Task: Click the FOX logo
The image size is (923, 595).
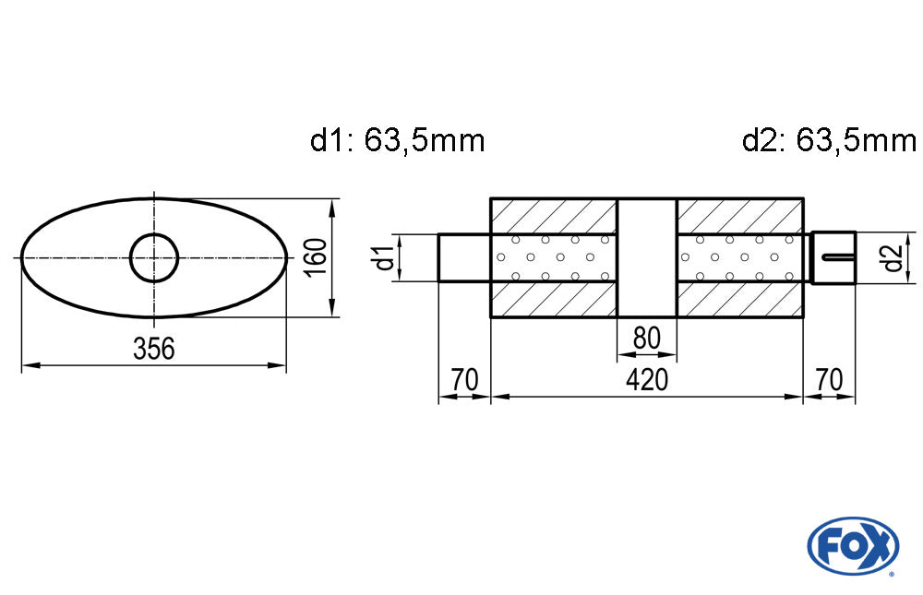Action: [x=852, y=544]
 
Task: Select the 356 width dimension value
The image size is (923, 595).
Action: [x=153, y=350]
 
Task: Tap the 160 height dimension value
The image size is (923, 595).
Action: [x=316, y=257]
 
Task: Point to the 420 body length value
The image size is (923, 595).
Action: [x=646, y=380]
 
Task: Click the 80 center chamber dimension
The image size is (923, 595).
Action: [x=647, y=339]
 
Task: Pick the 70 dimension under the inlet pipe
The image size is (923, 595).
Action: [x=464, y=380]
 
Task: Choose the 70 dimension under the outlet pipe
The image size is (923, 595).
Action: [x=829, y=380]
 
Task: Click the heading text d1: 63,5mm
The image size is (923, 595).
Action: [x=397, y=141]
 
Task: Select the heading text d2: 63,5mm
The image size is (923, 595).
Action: [x=828, y=141]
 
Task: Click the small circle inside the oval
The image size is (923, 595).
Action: [x=153, y=257]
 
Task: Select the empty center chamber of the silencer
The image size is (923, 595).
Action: [x=646, y=257]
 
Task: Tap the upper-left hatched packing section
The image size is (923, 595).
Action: [x=553, y=215]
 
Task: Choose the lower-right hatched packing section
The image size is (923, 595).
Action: [x=739, y=300]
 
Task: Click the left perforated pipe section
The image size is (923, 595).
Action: [x=553, y=257]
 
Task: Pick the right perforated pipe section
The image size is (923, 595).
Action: [x=739, y=257]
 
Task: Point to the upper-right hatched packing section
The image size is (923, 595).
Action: [x=739, y=215]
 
